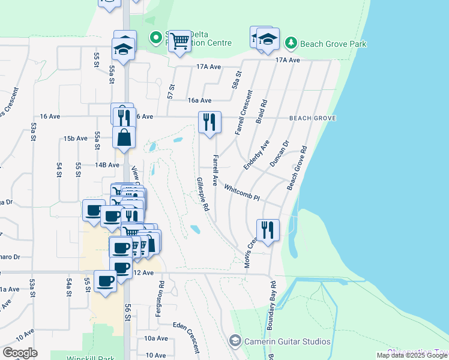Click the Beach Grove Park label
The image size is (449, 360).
coord(334,44)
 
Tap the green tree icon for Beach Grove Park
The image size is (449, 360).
coord(291,43)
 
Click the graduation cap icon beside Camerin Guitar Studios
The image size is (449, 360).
coord(235,341)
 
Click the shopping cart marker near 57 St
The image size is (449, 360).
coord(179,41)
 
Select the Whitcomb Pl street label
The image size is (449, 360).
coord(241,192)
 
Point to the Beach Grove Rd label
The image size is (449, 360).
coord(297,168)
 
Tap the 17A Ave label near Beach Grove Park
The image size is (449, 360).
coord(287,60)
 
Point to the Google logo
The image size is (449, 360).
coord(20,353)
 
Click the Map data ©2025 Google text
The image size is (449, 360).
coord(412,355)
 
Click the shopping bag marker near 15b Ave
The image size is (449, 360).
coord(124,137)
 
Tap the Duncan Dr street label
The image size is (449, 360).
coord(279,153)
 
